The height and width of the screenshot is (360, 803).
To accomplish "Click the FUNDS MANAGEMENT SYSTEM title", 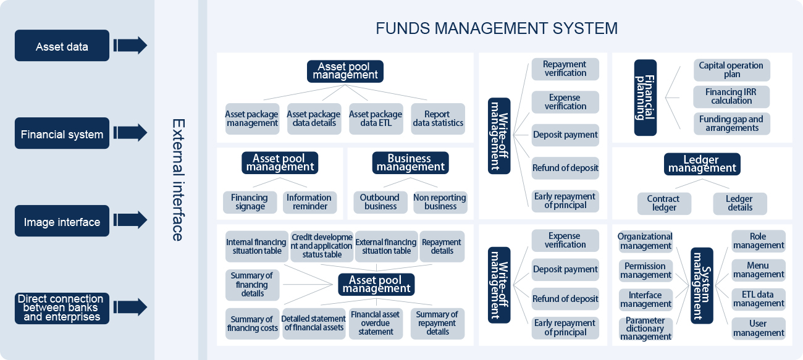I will coord(497,28).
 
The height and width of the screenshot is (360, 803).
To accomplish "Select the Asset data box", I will coord(62,46).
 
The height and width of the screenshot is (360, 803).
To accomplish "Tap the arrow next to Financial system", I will coord(130,133).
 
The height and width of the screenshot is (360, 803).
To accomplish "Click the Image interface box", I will coord(62,221).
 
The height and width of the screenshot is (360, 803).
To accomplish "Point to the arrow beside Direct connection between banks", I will coord(130,308).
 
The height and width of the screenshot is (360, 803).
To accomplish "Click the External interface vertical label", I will coord(177,180).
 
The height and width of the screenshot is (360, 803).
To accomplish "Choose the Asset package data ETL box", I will coord(376,119).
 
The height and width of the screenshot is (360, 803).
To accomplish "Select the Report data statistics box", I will coord(438,119).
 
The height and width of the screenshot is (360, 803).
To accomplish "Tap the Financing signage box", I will coord(250,202).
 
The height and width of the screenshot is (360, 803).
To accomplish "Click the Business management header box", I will coord(410,163).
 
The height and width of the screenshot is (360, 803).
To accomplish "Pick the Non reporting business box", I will coord(440,202).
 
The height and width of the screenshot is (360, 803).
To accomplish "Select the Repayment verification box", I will coord(565,69).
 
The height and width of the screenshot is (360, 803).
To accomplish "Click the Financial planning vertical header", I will coord(645,98).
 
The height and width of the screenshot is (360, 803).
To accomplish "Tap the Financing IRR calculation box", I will coord(731,96).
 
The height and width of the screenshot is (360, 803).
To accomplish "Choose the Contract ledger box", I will coord(663,203).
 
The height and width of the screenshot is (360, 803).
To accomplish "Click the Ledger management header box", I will coord(702,164).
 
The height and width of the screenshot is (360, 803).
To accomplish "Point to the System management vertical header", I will coord(702,285).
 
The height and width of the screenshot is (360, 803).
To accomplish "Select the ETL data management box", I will coord(758,299).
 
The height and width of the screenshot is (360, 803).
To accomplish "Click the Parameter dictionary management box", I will coord(645,329).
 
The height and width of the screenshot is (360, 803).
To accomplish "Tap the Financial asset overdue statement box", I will coord(376,323).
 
